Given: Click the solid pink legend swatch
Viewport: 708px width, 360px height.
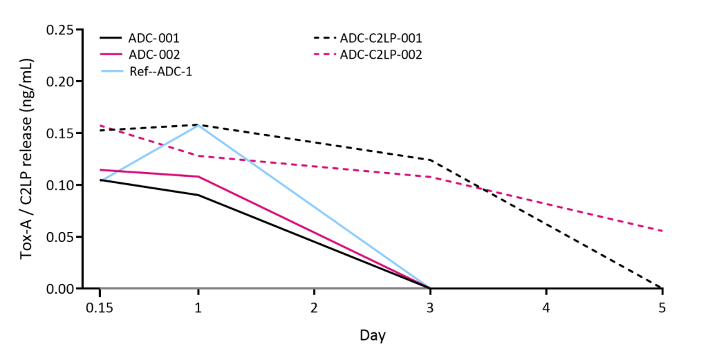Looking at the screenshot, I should (111, 54).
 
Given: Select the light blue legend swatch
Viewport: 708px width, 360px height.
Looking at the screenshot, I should (111, 71).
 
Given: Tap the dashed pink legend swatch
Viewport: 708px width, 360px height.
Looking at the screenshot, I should (325, 54).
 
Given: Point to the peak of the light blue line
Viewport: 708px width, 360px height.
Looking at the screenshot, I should (198, 126).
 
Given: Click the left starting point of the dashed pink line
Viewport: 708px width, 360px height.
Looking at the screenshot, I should (101, 126).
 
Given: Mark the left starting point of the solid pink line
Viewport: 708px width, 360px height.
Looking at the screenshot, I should (101, 169).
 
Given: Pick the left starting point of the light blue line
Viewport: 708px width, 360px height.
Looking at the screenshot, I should (101, 181).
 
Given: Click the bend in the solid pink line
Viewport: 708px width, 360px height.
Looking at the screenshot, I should (198, 176).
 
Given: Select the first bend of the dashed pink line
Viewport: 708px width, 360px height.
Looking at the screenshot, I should (198, 155).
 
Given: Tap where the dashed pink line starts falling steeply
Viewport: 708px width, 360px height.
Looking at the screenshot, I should (430, 176).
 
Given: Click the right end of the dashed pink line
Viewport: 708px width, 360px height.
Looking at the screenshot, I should (662, 230).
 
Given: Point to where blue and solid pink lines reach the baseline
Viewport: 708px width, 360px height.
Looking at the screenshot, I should (429, 287).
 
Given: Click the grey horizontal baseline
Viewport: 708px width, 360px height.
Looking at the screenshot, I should (263, 287).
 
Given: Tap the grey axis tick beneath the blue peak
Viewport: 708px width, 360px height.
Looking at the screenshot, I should (198, 289).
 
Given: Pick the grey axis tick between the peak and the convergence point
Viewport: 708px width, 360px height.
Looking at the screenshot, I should (314, 289).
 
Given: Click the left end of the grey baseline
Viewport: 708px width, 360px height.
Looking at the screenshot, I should (102, 287).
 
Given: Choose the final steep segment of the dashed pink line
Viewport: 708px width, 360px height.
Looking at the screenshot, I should (546, 203).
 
